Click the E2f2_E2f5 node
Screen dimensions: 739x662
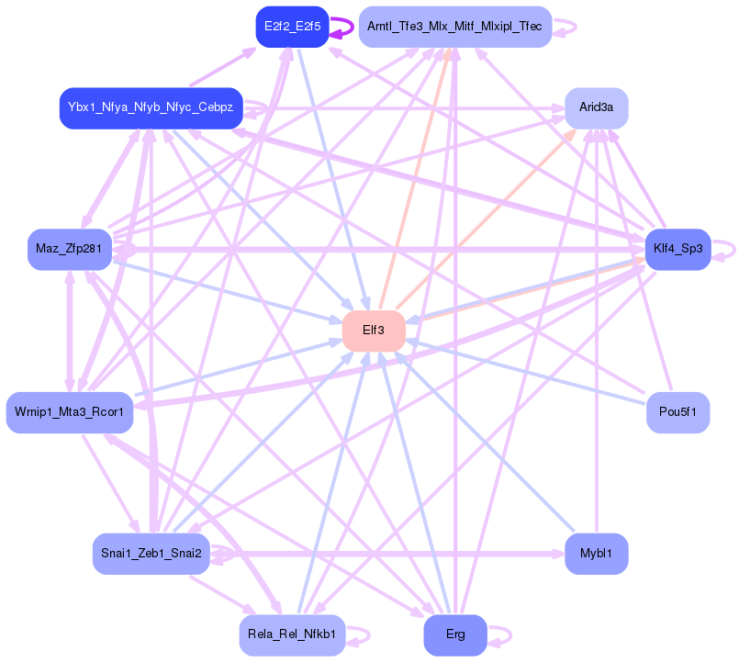292,27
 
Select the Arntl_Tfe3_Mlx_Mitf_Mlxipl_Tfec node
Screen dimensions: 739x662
454,27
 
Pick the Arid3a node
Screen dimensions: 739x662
596,108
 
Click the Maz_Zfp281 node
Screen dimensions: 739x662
70,249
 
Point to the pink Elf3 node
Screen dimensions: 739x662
374,331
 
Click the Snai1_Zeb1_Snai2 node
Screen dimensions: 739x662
151,554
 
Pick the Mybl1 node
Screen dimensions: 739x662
596,554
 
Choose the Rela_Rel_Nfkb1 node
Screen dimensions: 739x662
292,634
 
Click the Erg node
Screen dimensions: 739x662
454,634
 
